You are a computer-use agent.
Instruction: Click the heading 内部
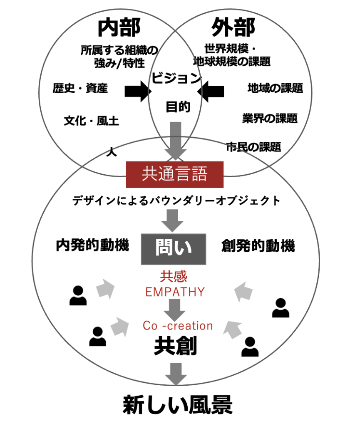click(x=119, y=27)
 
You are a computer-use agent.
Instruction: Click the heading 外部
click(x=233, y=27)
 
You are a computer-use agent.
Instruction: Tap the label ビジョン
click(x=176, y=78)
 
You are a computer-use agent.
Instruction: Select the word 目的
click(x=178, y=107)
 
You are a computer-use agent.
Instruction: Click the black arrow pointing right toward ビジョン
click(x=138, y=91)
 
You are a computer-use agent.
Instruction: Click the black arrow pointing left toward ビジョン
click(x=211, y=91)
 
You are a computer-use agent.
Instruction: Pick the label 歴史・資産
click(x=80, y=88)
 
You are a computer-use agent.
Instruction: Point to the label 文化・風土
click(x=91, y=121)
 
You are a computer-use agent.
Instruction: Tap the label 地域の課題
click(x=275, y=88)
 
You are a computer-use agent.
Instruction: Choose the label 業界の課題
click(x=270, y=118)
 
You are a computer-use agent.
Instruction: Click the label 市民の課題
click(x=253, y=147)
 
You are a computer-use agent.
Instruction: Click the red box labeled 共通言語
click(x=175, y=174)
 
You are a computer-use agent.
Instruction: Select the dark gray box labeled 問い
click(x=174, y=249)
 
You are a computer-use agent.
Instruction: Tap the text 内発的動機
click(x=92, y=245)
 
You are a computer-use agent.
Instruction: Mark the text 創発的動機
click(x=258, y=245)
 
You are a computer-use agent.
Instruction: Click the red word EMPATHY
click(x=175, y=292)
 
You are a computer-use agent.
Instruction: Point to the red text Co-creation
click(x=178, y=325)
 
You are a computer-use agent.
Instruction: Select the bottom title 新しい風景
click(x=178, y=405)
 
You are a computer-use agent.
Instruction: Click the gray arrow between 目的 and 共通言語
click(x=176, y=141)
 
